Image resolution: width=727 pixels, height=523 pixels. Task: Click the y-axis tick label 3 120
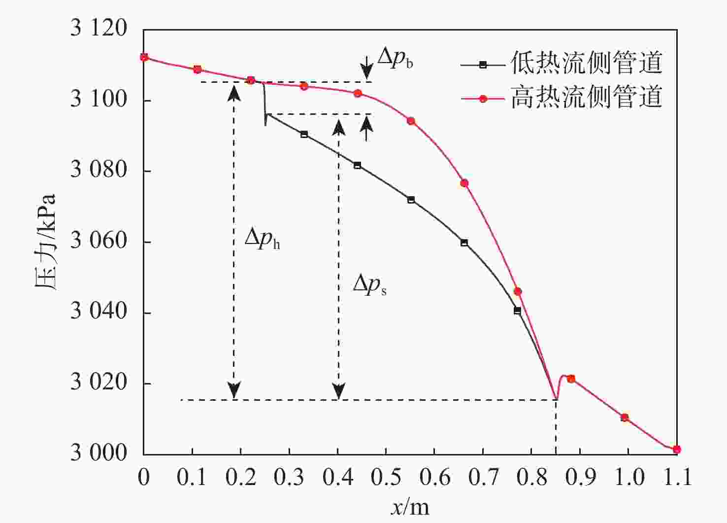[99, 29]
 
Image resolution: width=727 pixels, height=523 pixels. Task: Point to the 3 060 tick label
[99, 242]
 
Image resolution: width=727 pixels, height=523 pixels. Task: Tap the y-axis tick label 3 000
[99, 453]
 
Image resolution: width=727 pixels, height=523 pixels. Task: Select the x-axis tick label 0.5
[386, 477]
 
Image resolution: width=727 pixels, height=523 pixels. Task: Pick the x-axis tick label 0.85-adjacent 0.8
[531, 477]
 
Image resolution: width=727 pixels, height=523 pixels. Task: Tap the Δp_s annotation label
[369, 285]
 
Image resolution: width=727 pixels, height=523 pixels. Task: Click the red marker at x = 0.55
[411, 121]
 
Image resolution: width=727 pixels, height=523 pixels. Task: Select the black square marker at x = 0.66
[464, 243]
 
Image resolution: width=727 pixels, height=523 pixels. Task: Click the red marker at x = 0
[144, 57]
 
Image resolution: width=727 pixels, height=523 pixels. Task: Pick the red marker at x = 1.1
[677, 449]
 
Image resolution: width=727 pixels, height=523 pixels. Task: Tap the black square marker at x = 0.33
[304, 134]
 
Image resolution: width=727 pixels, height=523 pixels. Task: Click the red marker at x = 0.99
[625, 418]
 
